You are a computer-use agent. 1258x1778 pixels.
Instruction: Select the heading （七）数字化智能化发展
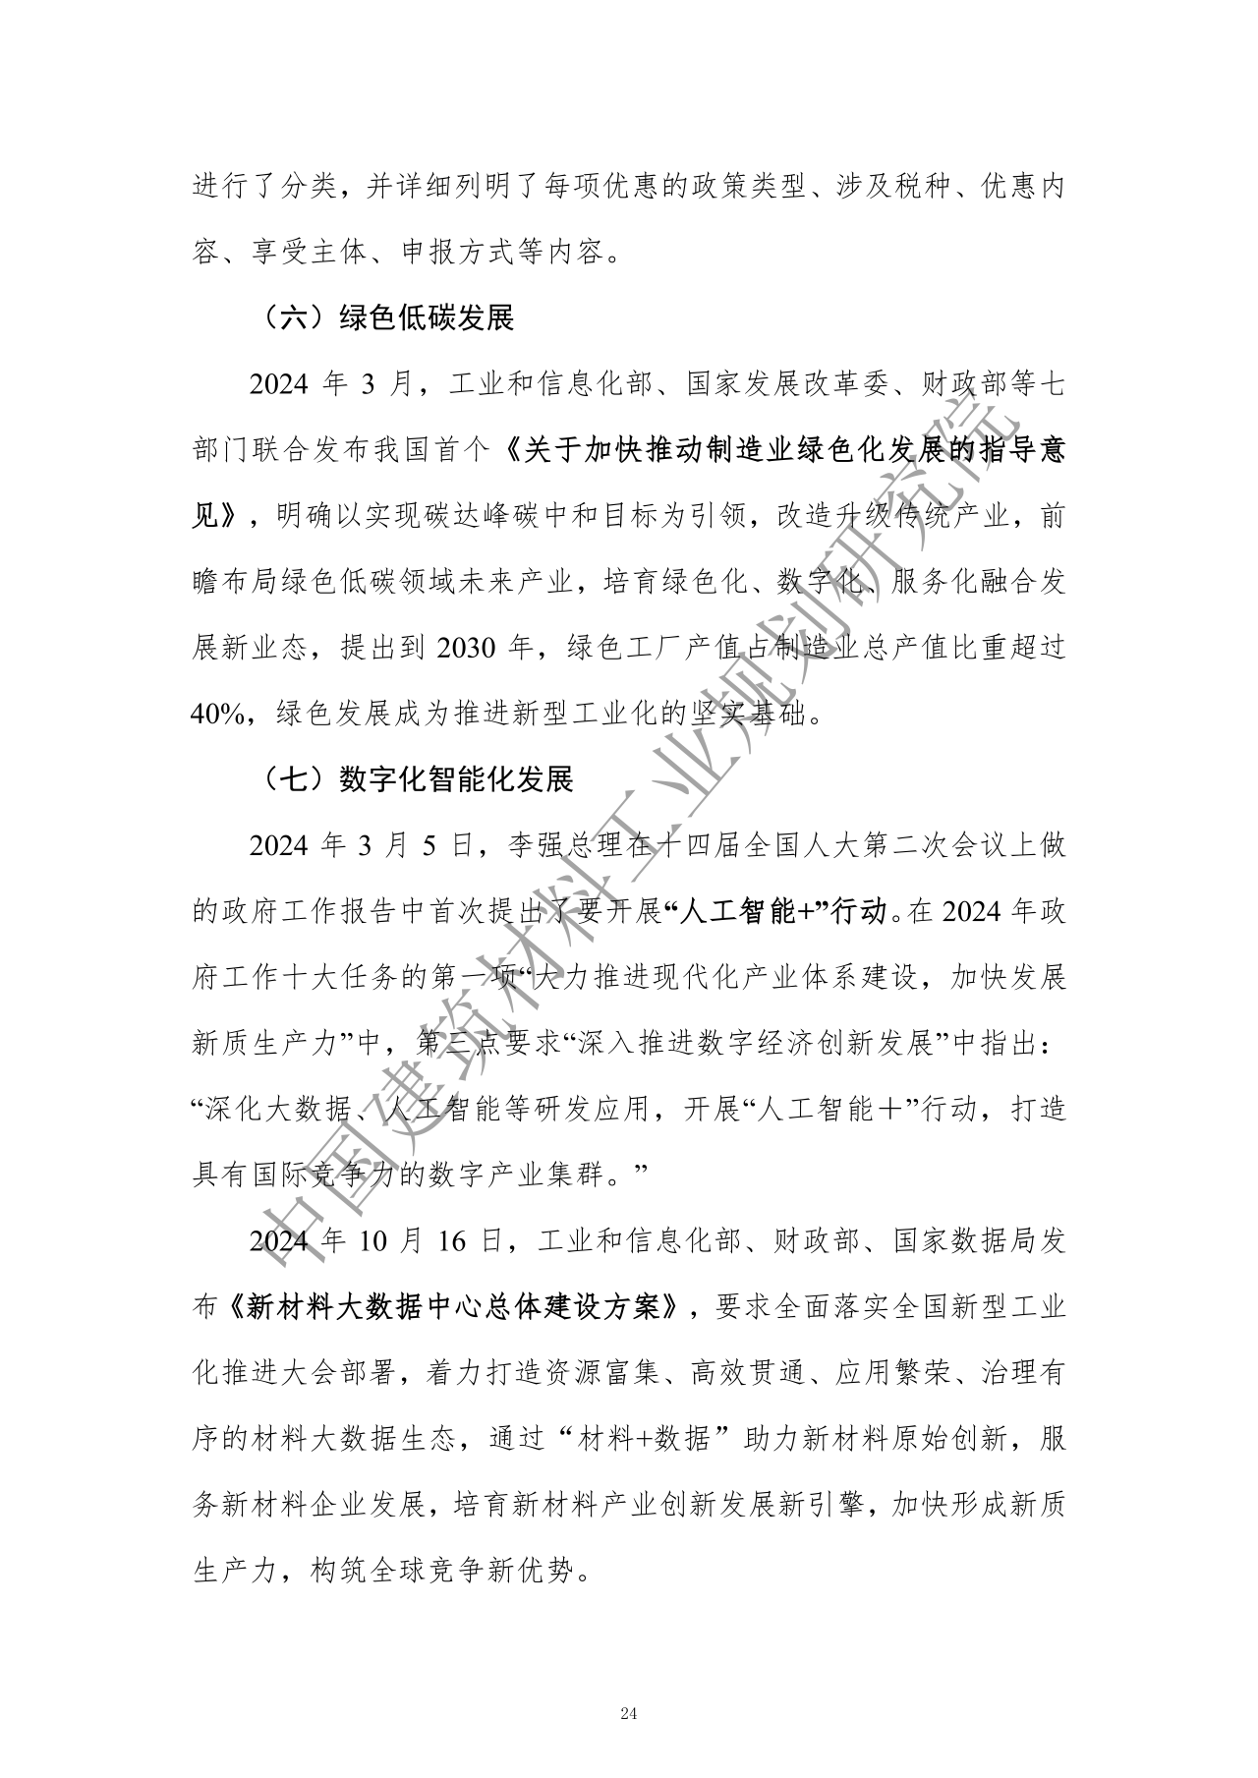click(417, 779)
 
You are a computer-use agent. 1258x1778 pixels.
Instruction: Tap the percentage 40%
click(216, 716)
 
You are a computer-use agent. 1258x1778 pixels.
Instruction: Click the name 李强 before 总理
click(536, 846)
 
